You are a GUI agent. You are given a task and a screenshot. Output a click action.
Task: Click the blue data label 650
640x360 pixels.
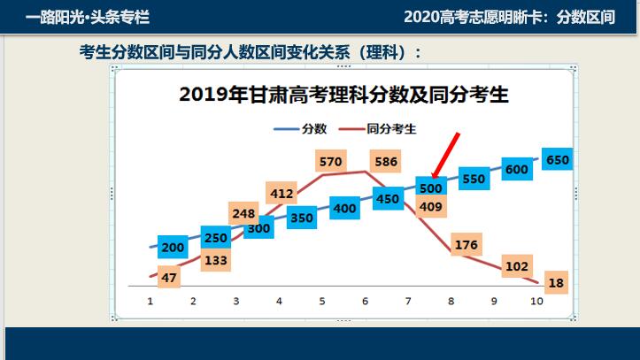coord(559,161)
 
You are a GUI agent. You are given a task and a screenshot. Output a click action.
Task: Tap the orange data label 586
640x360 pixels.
coord(386,162)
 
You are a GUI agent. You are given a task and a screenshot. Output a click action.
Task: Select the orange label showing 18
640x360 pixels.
coord(557,283)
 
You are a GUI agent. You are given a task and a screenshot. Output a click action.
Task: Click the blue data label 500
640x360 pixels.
coord(431,188)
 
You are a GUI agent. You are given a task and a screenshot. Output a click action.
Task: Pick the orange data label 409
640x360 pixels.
coord(431,208)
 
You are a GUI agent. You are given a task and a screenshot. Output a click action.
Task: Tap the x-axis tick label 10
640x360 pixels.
coord(536,302)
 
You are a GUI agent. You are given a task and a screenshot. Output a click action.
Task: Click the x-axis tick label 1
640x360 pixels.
coord(150,302)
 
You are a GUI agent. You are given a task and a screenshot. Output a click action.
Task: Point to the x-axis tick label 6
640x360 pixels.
coord(365,302)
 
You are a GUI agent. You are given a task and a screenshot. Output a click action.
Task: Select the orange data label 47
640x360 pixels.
coord(170,278)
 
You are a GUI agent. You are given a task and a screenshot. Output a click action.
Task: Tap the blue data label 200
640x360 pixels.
coord(173,248)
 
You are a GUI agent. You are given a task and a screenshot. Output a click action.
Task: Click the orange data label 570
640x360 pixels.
coord(330,162)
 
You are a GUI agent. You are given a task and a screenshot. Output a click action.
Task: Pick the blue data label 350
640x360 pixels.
coord(302,218)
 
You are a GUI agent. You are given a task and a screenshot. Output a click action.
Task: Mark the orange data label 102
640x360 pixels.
coord(516,266)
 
